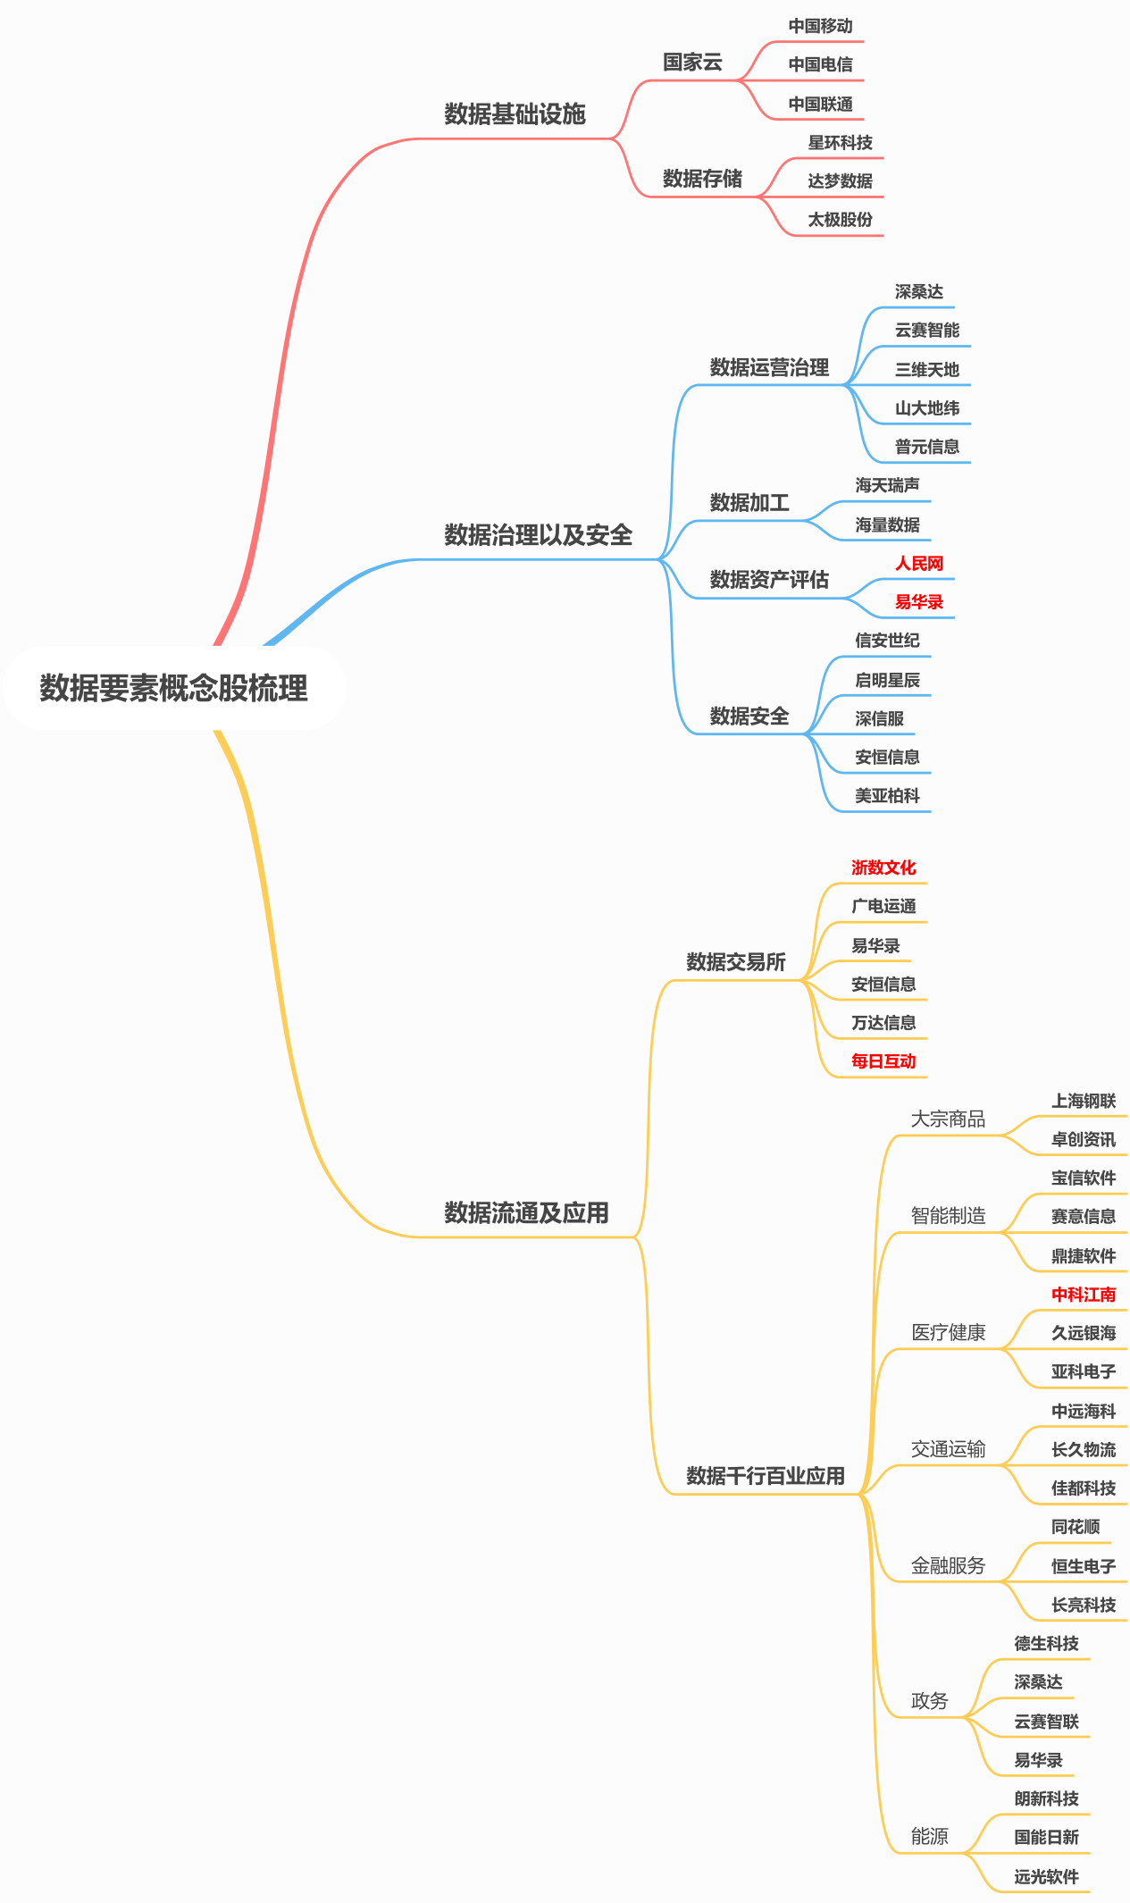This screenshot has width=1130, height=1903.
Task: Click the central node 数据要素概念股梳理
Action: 173,688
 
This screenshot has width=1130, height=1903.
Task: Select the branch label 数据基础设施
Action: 515,113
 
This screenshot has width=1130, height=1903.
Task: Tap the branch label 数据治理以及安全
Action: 538,534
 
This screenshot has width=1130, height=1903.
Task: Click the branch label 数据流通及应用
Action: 526,1212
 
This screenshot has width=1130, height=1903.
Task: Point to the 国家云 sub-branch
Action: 692,62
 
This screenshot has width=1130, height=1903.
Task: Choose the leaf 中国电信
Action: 820,64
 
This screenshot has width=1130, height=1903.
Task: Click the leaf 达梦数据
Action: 840,180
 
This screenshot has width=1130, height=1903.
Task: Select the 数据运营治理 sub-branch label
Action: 769,367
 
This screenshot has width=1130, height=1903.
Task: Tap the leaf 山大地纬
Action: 926,408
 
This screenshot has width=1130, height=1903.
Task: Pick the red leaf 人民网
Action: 919,563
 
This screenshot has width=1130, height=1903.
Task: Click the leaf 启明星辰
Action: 887,680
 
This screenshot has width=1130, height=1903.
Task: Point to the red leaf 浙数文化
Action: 883,868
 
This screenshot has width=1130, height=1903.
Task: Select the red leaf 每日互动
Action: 883,1061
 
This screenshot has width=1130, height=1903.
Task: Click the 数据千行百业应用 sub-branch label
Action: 766,1476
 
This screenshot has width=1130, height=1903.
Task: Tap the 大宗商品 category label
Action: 948,1119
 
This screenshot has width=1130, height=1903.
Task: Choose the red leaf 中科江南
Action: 1084,1295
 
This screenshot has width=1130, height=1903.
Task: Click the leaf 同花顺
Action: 1076,1527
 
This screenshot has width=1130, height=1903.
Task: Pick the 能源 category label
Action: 929,1836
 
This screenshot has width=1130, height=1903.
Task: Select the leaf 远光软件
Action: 1046,1877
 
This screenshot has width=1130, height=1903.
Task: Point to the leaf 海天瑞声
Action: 887,485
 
